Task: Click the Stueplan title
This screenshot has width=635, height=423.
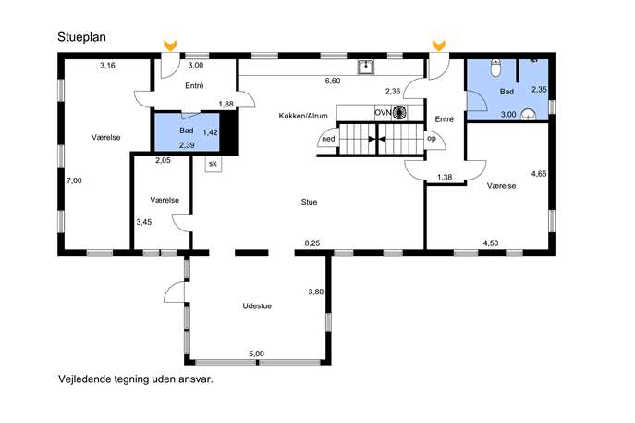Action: click(x=82, y=37)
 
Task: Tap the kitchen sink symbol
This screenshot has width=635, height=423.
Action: click(x=366, y=68)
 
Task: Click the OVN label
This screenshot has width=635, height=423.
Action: click(x=383, y=112)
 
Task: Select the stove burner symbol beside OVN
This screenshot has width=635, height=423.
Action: click(x=399, y=112)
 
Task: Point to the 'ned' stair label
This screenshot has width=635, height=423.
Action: click(x=328, y=139)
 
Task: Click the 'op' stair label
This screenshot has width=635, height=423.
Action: click(x=432, y=138)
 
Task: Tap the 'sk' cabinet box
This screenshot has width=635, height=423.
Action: click(x=213, y=164)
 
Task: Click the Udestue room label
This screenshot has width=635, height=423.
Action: click(x=257, y=305)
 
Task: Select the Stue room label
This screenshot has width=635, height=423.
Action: click(x=309, y=202)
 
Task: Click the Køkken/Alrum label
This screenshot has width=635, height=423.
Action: click(x=303, y=116)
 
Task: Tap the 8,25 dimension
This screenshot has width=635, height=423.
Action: click(x=312, y=243)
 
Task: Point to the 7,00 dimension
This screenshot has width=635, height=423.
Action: click(x=74, y=180)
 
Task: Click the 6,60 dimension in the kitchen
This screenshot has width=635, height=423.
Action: click(x=333, y=81)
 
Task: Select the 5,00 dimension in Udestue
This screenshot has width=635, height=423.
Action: click(x=256, y=354)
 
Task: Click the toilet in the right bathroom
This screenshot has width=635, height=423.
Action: click(x=495, y=68)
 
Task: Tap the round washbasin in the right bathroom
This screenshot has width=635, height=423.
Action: click(x=528, y=114)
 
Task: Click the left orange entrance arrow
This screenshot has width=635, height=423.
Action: click(x=170, y=45)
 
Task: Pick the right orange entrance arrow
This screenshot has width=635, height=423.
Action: click(x=439, y=45)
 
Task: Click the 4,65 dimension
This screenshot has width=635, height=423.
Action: click(x=539, y=174)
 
